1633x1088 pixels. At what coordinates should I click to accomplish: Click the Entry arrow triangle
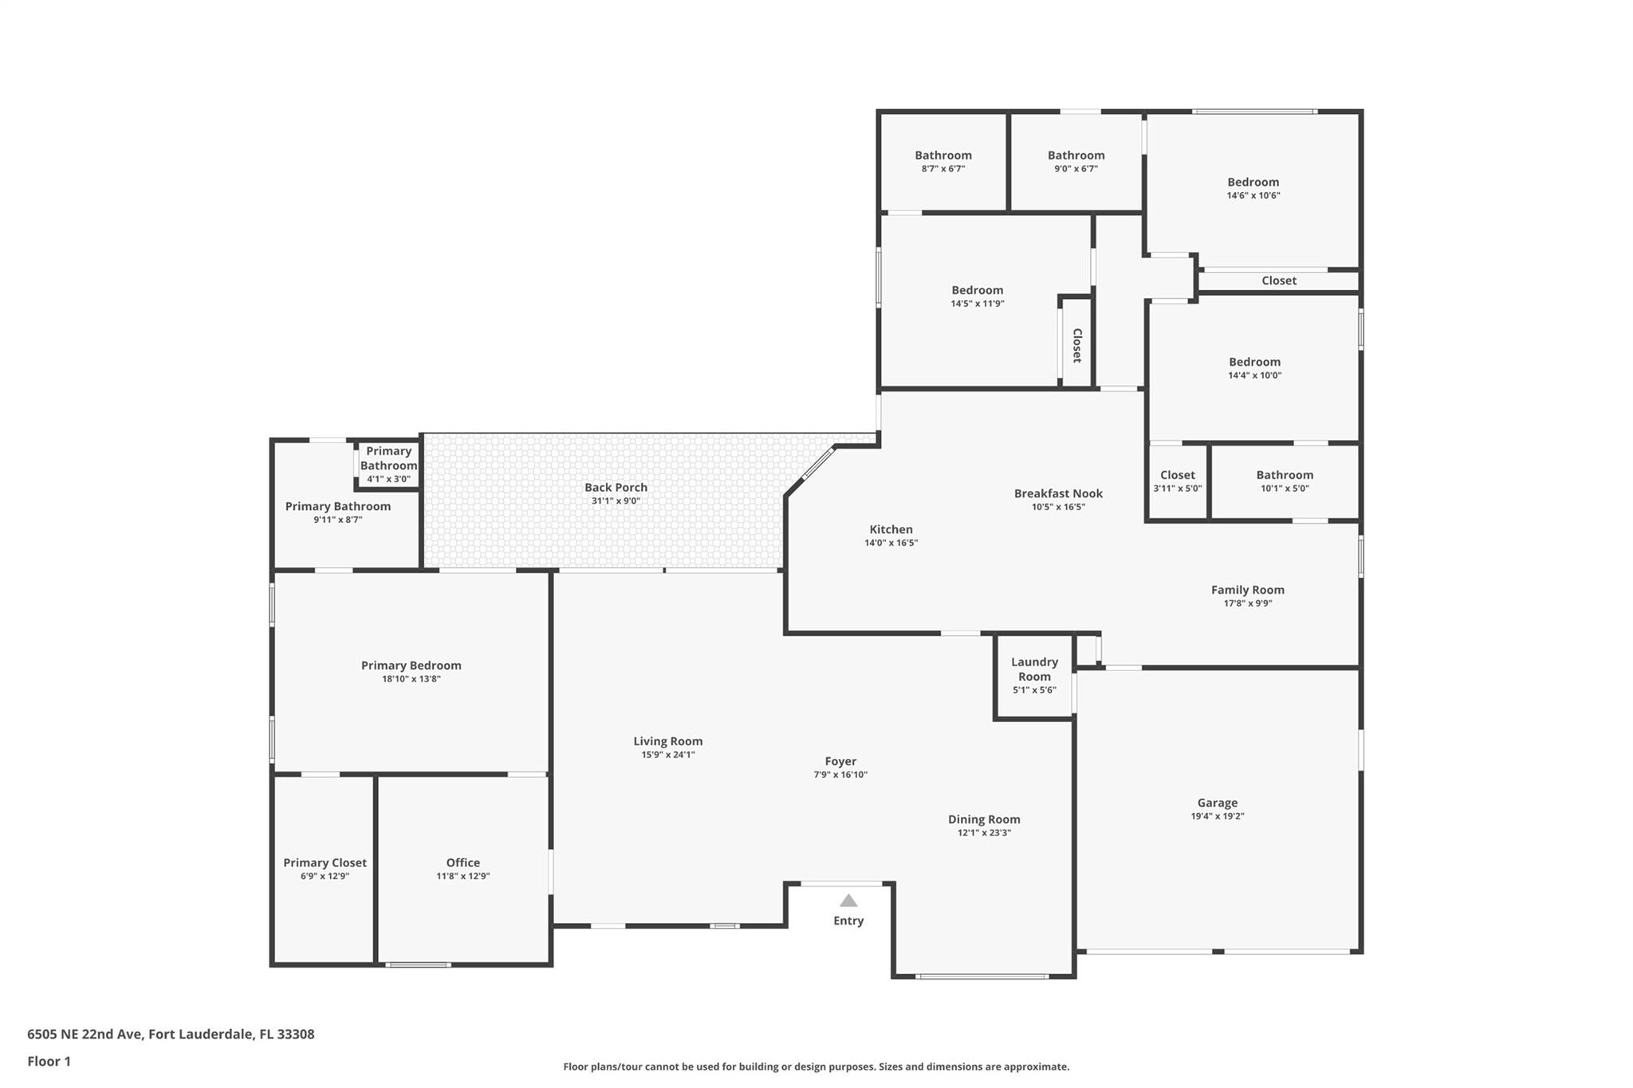pos(848,901)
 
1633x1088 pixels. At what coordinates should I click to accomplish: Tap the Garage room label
pos(1218,803)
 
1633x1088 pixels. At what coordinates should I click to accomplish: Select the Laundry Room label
pos(1034,669)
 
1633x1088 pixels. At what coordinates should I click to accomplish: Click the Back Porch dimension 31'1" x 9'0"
pos(616,501)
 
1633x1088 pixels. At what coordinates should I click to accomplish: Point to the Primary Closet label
pos(325,862)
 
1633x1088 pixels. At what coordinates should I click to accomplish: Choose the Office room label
pos(463,862)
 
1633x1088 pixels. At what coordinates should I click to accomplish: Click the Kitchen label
pos(891,529)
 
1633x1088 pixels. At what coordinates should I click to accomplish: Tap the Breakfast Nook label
pos(1058,493)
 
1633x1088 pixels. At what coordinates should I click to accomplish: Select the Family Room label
pos(1248,590)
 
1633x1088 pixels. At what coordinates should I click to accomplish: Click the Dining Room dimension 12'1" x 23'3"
pos(984,833)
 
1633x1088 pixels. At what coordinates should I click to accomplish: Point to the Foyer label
pos(840,761)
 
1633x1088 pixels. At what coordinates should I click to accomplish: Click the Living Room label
pos(668,741)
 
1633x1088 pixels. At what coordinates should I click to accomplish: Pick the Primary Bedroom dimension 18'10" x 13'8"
pos(411,679)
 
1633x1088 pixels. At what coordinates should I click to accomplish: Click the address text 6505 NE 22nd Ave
pos(85,1035)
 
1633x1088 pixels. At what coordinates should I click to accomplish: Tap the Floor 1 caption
pos(49,1062)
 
